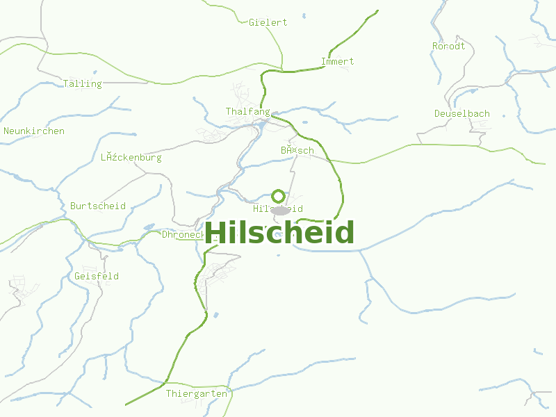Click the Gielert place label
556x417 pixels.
268,22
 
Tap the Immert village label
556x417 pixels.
337,61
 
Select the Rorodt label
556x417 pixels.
448,46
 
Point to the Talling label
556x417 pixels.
82,83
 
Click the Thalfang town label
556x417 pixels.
247,111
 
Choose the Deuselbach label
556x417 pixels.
461,113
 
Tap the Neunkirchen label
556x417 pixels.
34,131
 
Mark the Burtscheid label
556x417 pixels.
97,206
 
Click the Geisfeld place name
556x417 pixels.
96,276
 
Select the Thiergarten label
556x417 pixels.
196,393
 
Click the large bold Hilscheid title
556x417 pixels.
279,233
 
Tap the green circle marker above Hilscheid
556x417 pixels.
278,196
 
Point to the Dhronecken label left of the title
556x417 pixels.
182,234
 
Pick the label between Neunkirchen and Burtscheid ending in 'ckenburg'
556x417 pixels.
131,157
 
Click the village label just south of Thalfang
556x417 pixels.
297,150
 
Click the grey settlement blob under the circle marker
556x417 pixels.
280,210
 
